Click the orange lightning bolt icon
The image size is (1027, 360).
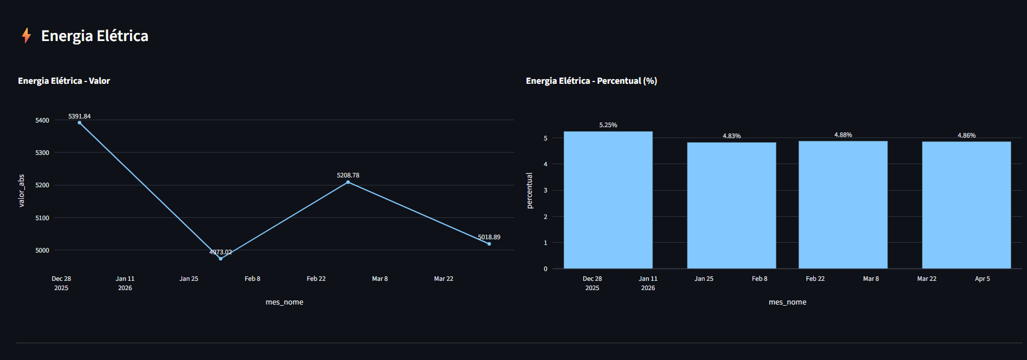pyautogui.click(x=26, y=36)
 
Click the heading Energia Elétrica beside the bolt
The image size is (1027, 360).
pyautogui.click(x=95, y=36)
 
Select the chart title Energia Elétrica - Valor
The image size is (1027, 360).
pyautogui.click(x=64, y=81)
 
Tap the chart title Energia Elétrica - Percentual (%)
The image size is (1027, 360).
pyautogui.click(x=591, y=81)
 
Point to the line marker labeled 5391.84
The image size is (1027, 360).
pyautogui.click(x=80, y=123)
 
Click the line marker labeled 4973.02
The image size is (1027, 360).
pyautogui.click(x=221, y=258)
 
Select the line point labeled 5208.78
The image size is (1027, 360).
pyautogui.click(x=348, y=182)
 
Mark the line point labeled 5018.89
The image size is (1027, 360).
pyautogui.click(x=489, y=244)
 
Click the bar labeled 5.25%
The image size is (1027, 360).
pyautogui.click(x=608, y=200)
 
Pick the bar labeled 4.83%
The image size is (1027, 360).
pyautogui.click(x=732, y=206)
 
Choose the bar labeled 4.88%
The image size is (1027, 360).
pyautogui.click(x=843, y=205)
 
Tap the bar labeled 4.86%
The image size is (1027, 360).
pyautogui.click(x=966, y=205)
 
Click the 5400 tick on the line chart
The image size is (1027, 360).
pyautogui.click(x=42, y=120)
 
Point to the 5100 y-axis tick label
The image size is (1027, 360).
pyautogui.click(x=42, y=218)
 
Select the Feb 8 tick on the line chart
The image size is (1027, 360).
pyautogui.click(x=253, y=279)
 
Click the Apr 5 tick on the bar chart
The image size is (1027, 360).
pyautogui.click(x=982, y=279)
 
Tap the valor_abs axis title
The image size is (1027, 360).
pyautogui.click(x=21, y=191)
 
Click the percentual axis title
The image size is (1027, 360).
pyautogui.click(x=529, y=191)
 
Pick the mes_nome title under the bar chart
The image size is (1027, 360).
pyautogui.click(x=787, y=302)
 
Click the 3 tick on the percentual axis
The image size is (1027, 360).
pyautogui.click(x=546, y=190)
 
